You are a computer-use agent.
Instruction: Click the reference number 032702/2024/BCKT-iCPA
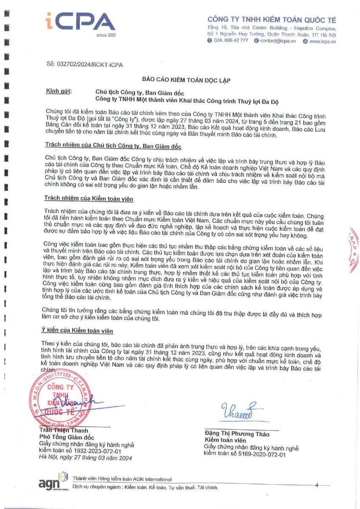84,65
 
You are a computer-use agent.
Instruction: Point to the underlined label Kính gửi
59,91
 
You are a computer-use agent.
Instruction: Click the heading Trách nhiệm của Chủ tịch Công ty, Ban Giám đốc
113,146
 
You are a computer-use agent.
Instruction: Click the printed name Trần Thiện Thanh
64,431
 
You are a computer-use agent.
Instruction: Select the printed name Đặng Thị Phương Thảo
236,434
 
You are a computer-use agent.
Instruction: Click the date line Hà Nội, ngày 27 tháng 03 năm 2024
85,458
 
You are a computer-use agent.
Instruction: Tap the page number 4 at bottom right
317,484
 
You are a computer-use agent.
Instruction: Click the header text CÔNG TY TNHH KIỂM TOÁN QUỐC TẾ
271,20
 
